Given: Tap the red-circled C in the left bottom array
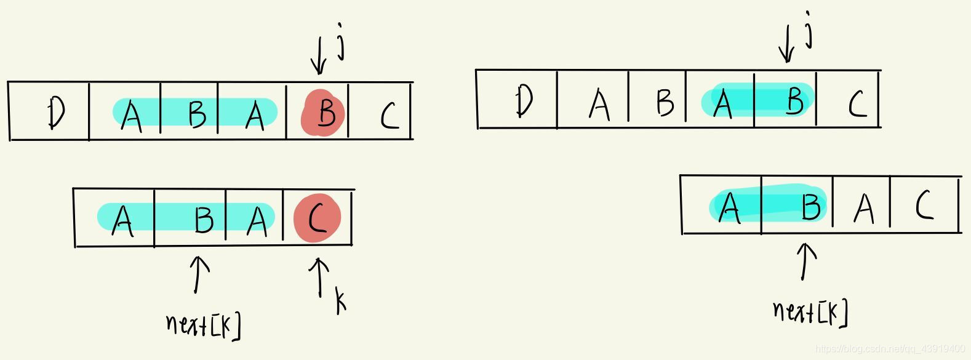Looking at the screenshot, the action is point(317,218).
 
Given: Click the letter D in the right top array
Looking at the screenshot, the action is point(524,100).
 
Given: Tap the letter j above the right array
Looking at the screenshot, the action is point(808,33).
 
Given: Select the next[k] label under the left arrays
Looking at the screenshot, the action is point(203,325).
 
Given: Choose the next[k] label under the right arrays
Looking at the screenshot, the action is point(810,312).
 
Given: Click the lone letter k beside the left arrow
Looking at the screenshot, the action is point(340,301).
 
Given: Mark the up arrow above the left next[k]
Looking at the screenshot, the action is point(198,274).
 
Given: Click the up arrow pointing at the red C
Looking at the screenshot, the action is point(319,276).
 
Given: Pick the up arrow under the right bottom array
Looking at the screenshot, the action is point(805,261).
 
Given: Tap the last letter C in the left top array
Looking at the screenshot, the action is point(388,114).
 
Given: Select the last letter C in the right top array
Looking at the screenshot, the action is point(857,103).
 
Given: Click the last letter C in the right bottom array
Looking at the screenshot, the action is point(924,205).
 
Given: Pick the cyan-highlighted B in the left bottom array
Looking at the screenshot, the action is point(203,218).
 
